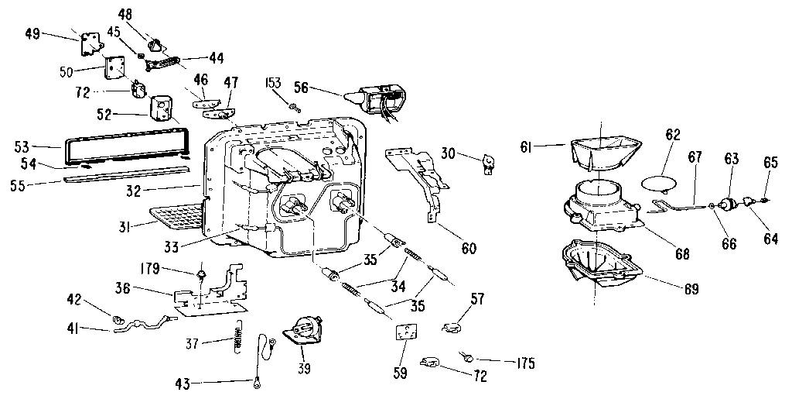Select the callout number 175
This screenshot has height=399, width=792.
522,362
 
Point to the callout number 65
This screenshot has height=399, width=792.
770,163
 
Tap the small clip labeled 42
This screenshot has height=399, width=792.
119,318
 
